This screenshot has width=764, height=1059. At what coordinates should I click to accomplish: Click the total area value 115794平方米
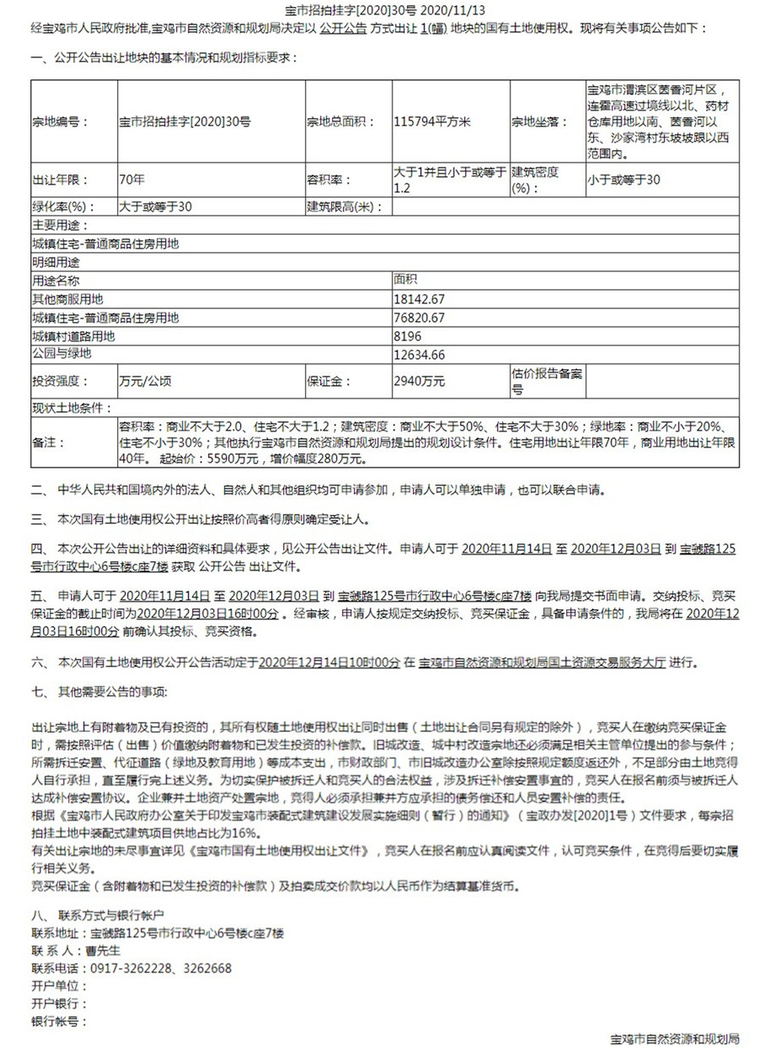[432, 122]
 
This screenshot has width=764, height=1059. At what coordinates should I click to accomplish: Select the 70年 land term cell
[133, 179]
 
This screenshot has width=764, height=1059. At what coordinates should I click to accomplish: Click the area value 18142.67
[419, 299]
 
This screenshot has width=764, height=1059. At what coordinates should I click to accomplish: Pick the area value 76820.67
[419, 318]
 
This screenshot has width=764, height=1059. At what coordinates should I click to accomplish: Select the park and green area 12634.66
[419, 355]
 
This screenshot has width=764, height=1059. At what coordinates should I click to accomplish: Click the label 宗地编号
[56, 122]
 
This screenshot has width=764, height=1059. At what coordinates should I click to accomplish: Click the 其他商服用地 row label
[67, 299]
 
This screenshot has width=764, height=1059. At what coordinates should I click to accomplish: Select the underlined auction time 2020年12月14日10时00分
[329, 663]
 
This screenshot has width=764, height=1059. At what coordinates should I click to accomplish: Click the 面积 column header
[405, 280]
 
